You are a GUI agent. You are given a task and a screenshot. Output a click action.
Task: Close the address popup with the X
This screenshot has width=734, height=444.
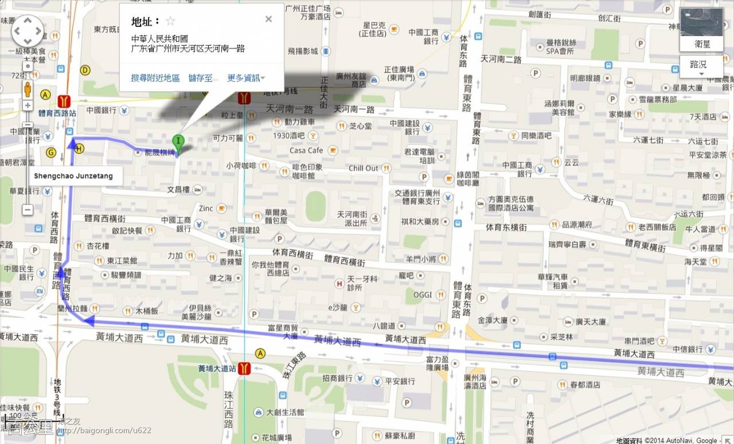click(268, 19)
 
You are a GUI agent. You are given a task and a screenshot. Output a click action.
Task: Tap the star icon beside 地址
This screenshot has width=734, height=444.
click(170, 21)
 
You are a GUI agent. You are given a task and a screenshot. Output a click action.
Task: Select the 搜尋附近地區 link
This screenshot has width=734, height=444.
click(155, 78)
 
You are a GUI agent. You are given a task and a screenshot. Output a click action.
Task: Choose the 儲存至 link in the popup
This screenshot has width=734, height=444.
click(203, 78)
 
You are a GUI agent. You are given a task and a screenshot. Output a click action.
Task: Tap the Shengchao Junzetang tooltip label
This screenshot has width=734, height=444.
click(73, 176)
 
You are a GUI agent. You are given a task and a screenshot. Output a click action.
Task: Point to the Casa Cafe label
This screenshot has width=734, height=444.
click(306, 150)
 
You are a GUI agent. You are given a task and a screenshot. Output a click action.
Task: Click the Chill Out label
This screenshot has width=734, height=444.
click(364, 168)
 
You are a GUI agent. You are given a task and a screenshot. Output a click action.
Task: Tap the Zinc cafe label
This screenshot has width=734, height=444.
click(206, 208)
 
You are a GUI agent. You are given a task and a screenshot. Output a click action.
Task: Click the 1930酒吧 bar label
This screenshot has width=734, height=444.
click(289, 136)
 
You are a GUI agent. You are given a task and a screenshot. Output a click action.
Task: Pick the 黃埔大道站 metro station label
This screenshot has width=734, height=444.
click(217, 368)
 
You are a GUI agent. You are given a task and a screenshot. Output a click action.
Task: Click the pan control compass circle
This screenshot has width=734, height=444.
click(28, 30)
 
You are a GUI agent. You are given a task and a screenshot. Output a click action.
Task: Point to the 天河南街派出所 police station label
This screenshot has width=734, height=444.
click(352, 218)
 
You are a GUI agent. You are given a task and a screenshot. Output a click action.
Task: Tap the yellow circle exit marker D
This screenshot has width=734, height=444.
click(85, 70)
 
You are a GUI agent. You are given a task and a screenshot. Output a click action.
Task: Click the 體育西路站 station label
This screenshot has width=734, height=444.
click(56, 113)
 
